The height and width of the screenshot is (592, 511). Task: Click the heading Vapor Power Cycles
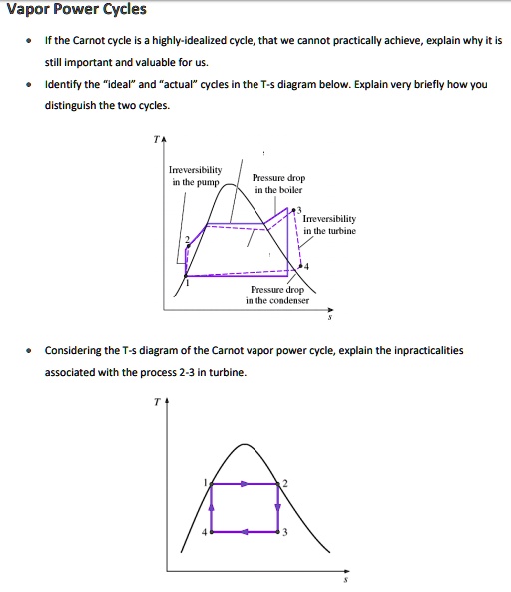click(x=76, y=10)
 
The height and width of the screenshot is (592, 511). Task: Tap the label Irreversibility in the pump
click(x=196, y=175)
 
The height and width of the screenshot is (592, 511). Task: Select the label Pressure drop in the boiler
click(x=278, y=183)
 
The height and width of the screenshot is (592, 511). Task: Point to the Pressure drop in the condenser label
click(x=278, y=294)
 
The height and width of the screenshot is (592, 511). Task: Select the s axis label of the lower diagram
click(x=345, y=580)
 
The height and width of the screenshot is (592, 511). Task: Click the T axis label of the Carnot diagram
click(x=156, y=402)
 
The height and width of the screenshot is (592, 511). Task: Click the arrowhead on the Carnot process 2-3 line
click(x=276, y=509)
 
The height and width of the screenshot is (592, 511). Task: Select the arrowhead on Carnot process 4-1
click(x=212, y=508)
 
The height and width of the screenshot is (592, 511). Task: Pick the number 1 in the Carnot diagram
click(x=206, y=483)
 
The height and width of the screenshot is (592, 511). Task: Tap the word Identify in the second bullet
click(x=65, y=85)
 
